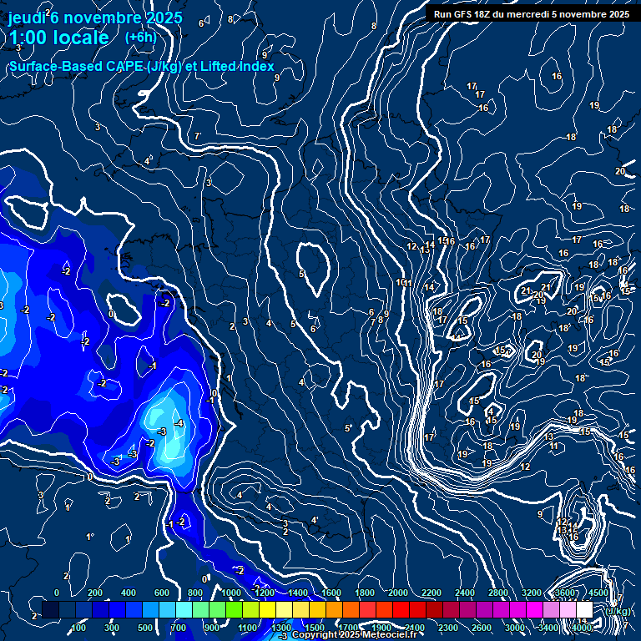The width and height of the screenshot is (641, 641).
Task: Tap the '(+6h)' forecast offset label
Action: click(139, 37)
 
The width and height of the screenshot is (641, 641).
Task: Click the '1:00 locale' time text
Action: click(58, 38)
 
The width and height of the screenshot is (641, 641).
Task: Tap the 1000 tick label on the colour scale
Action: click(231, 593)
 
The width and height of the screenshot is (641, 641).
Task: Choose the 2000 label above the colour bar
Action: click(398, 593)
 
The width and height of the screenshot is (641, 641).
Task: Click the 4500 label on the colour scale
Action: click(598, 593)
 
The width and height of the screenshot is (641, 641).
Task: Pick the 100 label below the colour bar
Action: click(78, 628)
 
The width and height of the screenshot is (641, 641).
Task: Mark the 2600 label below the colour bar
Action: click(482, 628)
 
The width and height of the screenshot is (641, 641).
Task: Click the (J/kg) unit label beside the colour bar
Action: click(618, 610)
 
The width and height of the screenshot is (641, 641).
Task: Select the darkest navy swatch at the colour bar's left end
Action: click(50, 610)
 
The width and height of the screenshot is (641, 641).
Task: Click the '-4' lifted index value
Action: click(179, 423)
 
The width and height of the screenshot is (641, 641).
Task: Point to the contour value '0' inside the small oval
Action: click(111, 315)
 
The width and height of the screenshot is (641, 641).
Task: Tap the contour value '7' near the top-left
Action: click(197, 136)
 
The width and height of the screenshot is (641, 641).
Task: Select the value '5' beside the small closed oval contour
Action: click(301, 274)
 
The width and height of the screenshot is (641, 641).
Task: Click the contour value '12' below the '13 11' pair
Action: click(525, 467)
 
